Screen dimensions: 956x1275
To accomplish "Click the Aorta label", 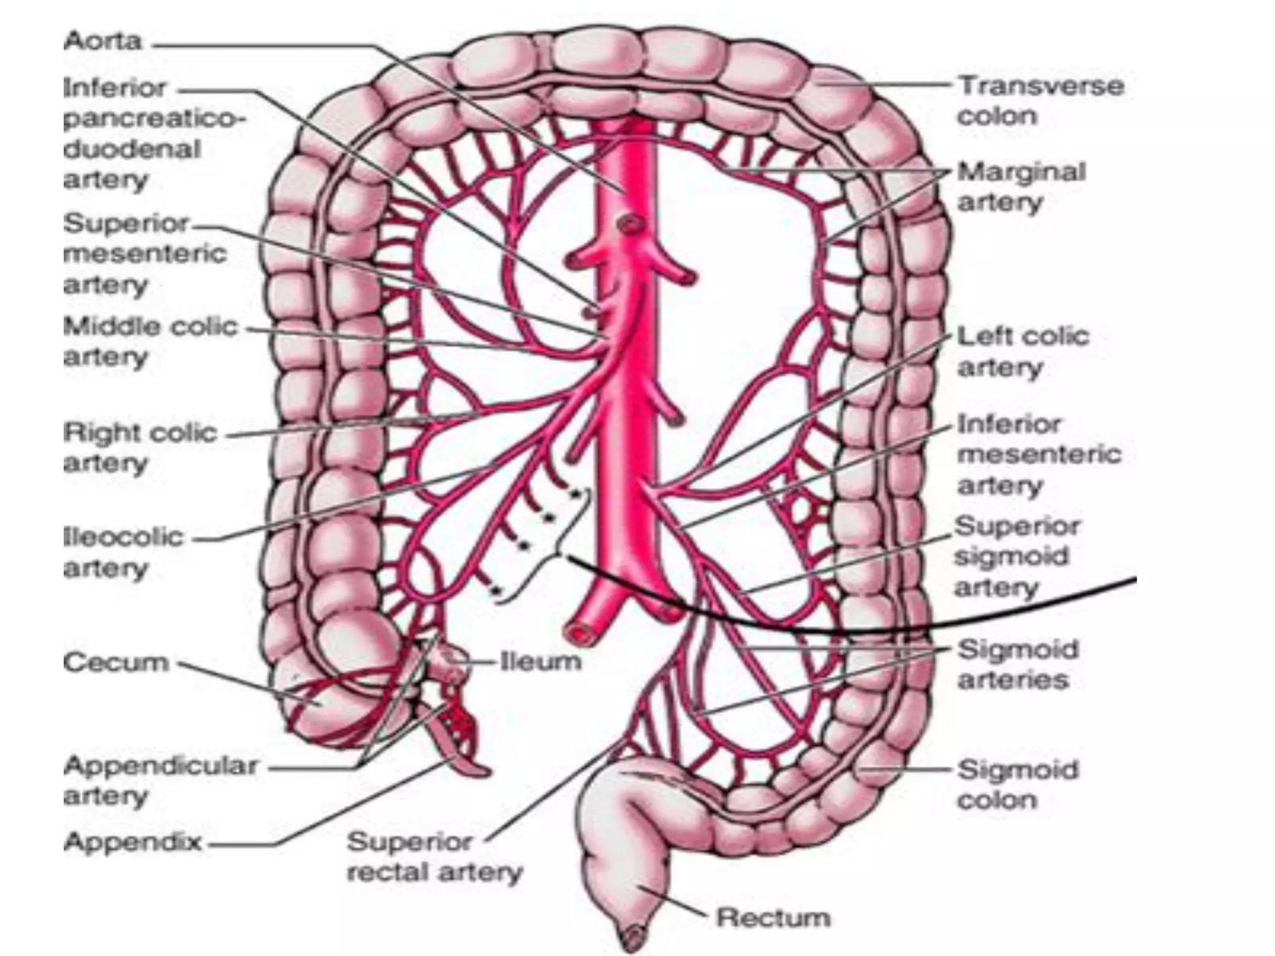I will (103, 42).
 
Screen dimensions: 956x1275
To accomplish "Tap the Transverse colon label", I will (1040, 101).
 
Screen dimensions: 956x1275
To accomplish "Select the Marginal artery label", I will (1021, 187).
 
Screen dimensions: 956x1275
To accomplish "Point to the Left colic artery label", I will (1023, 352).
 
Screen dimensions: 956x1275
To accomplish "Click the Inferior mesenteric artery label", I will (1038, 454).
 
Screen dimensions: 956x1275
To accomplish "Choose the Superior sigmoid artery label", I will (1016, 556).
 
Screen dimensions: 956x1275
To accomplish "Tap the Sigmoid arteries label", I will (1017, 664).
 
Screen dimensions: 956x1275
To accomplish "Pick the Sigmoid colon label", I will (1017, 784).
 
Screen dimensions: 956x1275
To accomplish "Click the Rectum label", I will (773, 917).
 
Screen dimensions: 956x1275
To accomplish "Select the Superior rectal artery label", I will (434, 857).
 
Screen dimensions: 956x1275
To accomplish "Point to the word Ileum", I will (540, 661).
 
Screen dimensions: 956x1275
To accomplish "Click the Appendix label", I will (133, 842).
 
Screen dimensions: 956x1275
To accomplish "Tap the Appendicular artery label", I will (160, 780).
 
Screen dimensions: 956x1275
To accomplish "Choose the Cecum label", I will (116, 662).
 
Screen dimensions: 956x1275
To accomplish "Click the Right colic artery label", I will (139, 448).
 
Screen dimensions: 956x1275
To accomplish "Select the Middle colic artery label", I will (150, 341).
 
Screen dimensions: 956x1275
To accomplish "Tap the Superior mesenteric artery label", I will (144, 253).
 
